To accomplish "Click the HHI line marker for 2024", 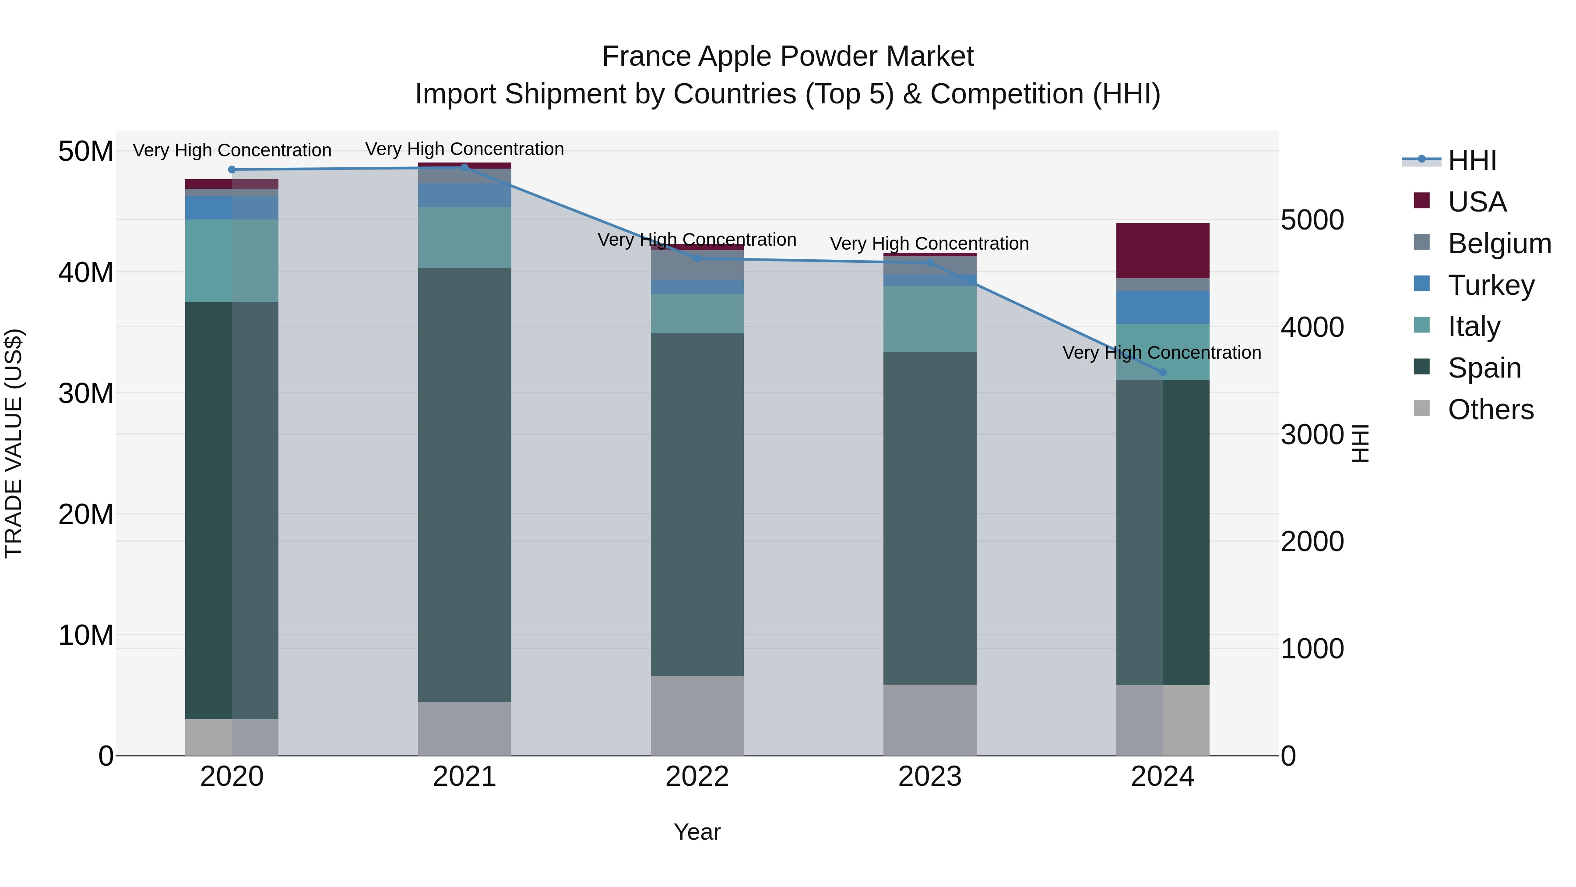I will coord(1162,372).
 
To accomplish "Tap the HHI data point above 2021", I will coord(464,168).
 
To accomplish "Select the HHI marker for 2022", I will coord(697,259).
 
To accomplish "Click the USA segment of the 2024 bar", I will coord(1162,251).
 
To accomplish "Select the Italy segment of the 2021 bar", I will coord(464,237).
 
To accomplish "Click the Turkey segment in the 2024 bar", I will coord(1162,307).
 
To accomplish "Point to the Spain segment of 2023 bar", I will coord(929,518).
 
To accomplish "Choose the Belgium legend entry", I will coord(1499,243).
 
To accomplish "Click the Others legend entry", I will coord(1490,409).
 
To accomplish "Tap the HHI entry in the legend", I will coord(1472,160).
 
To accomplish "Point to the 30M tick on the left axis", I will coord(86,393).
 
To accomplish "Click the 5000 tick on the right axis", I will coord(1312,220).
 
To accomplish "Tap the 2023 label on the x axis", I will coord(929,777).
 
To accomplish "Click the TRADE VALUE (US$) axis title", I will coord(14,443).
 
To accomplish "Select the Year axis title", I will coord(697,832).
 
